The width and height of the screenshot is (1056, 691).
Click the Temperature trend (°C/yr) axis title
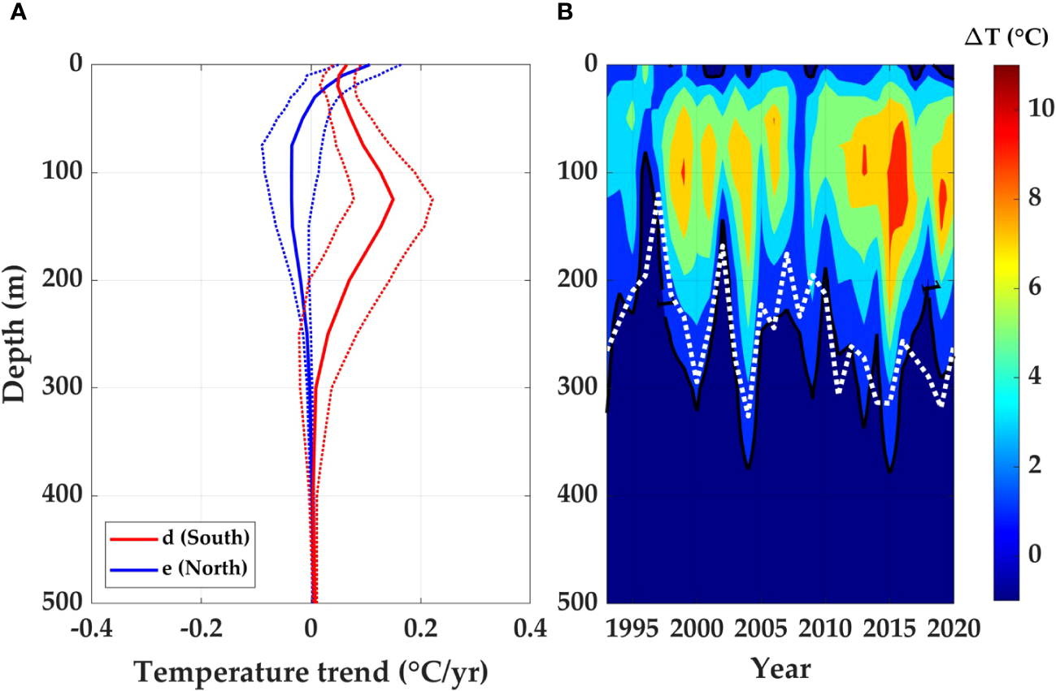311,670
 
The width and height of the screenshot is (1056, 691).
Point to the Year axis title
780,668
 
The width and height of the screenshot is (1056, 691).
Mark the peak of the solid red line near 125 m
393,199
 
